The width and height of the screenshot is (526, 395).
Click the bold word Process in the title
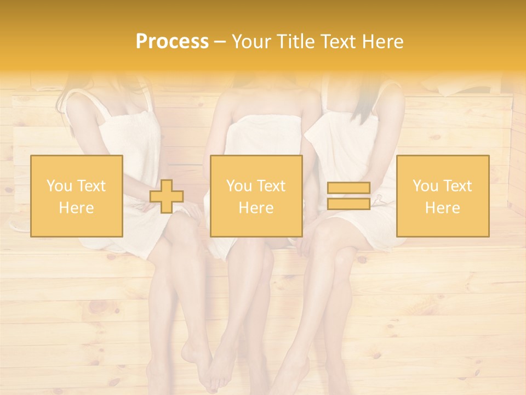[172, 42]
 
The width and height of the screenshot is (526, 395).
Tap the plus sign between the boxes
[167, 196]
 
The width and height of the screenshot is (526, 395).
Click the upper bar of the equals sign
[348, 188]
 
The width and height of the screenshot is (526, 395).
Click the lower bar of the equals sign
[348, 204]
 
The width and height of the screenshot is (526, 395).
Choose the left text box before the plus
[77, 196]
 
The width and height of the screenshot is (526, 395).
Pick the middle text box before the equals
[256, 196]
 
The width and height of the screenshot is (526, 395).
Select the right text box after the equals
[442, 196]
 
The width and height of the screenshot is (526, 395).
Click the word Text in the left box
[91, 186]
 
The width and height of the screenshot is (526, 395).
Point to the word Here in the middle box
[256, 208]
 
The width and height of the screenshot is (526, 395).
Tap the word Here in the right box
[442, 208]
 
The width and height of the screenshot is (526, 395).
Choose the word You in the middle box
[239, 186]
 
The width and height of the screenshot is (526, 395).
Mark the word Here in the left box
[76, 208]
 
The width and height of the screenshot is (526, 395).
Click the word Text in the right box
[457, 186]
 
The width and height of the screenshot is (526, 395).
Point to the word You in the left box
[59, 186]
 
